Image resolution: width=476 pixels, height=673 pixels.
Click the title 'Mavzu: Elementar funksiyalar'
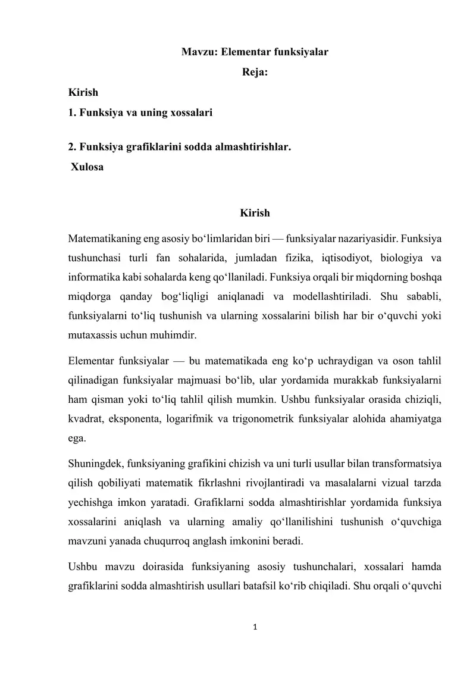pyautogui.click(x=255, y=52)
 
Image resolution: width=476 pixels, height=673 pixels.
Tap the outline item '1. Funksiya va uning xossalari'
pyautogui.click(x=140, y=112)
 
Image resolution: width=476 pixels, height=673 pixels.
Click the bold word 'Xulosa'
pyautogui.click(x=87, y=167)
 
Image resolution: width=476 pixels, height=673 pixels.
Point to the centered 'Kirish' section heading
pyautogui.click(x=255, y=212)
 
